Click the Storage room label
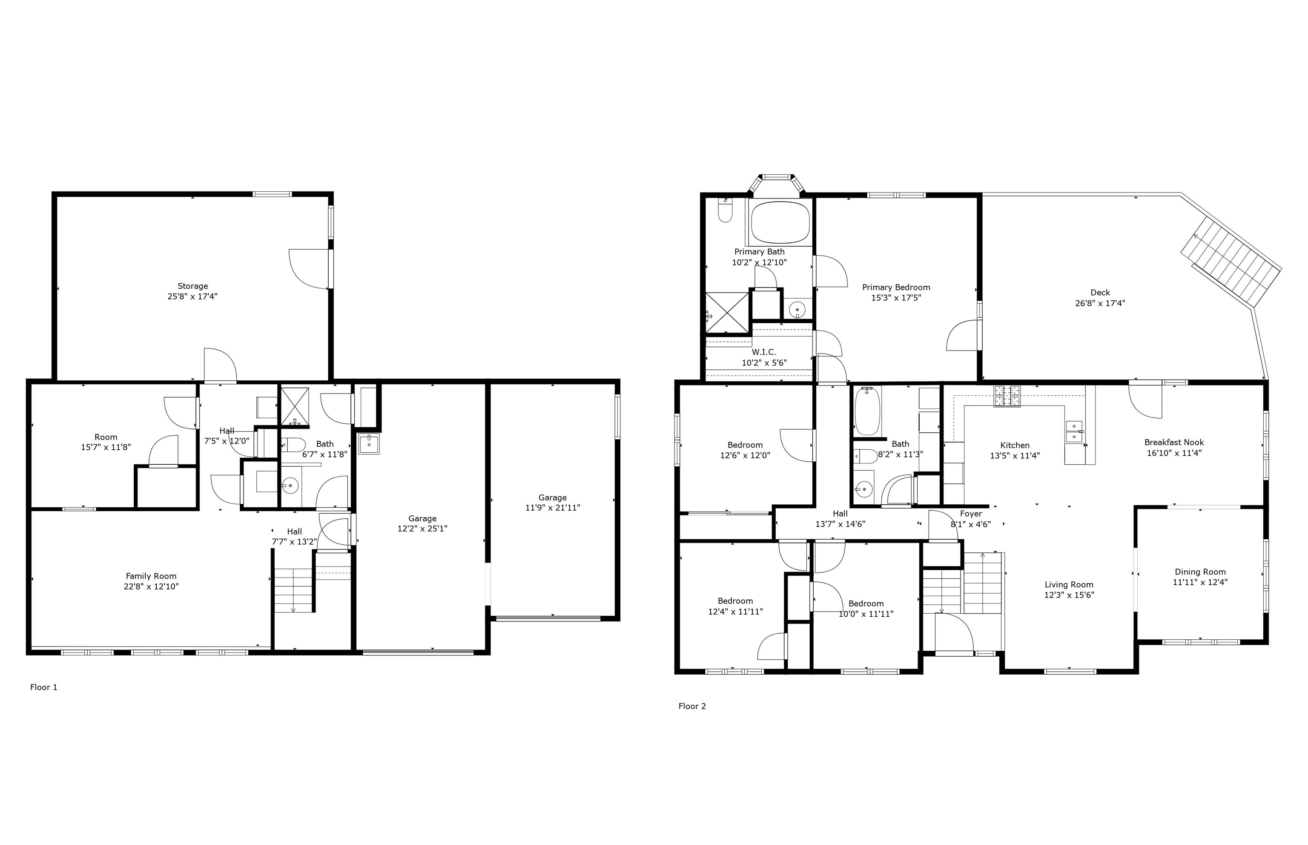(x=192, y=286)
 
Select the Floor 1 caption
(x=43, y=687)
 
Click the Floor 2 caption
(x=692, y=706)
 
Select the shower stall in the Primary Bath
(x=727, y=313)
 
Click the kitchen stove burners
(x=1008, y=396)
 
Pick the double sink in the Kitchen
(x=1074, y=431)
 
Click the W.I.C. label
(x=764, y=352)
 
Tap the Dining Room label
(x=1200, y=572)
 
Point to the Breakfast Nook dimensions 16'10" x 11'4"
(x=1174, y=453)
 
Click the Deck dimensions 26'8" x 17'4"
(x=1100, y=303)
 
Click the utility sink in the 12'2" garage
(x=369, y=444)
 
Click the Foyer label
(x=971, y=514)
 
